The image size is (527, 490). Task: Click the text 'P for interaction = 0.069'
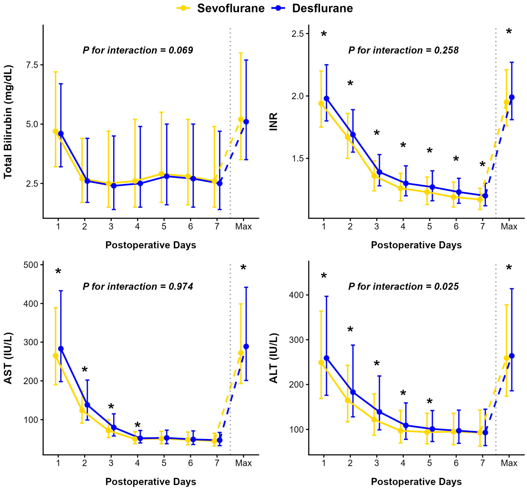click(138, 50)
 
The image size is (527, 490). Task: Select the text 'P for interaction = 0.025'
click(403, 286)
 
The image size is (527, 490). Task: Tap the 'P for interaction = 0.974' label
click(138, 286)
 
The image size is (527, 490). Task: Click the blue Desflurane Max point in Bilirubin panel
click(246, 122)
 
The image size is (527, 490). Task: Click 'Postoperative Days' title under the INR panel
click(416, 245)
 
